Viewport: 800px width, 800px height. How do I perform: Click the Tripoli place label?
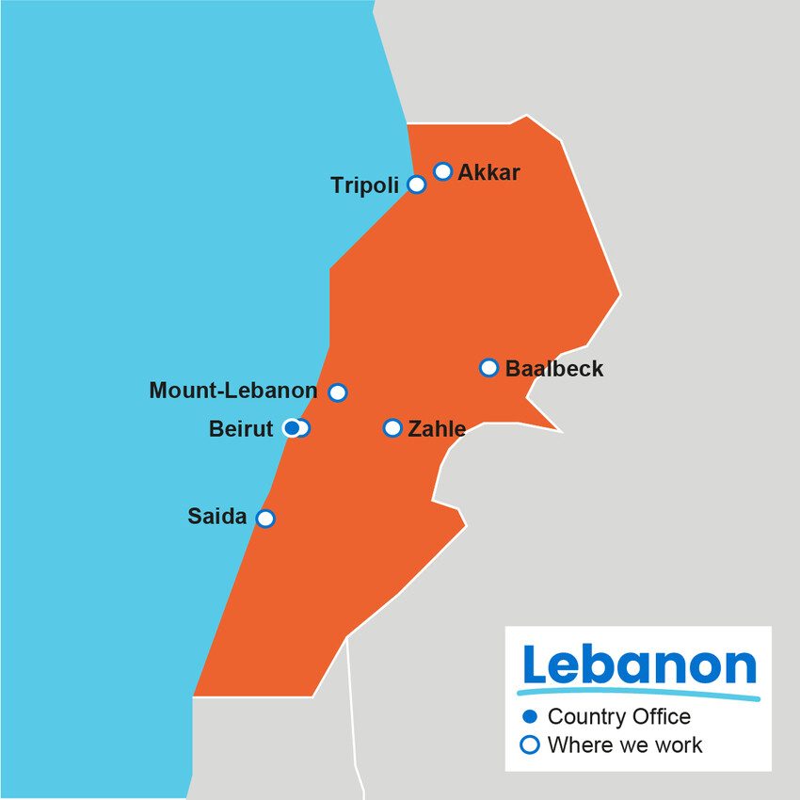(364, 185)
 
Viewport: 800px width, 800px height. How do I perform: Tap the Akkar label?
(488, 172)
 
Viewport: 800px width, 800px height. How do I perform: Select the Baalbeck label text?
(554, 369)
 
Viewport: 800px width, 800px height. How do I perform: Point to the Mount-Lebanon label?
(233, 391)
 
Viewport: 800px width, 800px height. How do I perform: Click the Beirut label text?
(240, 429)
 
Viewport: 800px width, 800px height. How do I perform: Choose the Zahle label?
(436, 429)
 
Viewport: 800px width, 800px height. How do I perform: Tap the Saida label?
(217, 517)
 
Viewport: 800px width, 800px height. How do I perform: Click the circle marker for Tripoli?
(417, 184)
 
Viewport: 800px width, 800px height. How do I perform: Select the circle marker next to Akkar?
(443, 171)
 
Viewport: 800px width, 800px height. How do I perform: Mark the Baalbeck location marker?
(488, 367)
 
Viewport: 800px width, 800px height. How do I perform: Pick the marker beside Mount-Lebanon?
(338, 392)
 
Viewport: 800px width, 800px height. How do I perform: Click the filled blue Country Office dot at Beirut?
(292, 428)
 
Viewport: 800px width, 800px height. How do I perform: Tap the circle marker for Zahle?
(392, 428)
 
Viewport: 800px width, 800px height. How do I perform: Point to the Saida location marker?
(265, 519)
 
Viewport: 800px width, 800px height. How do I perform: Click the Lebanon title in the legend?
(639, 666)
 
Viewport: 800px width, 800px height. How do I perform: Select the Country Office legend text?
(618, 717)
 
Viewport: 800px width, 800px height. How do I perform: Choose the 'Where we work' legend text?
(624, 745)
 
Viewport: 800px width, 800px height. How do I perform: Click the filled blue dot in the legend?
(530, 717)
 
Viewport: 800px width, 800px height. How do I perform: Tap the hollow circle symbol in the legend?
(530, 745)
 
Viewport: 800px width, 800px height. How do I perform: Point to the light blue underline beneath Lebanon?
(640, 695)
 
